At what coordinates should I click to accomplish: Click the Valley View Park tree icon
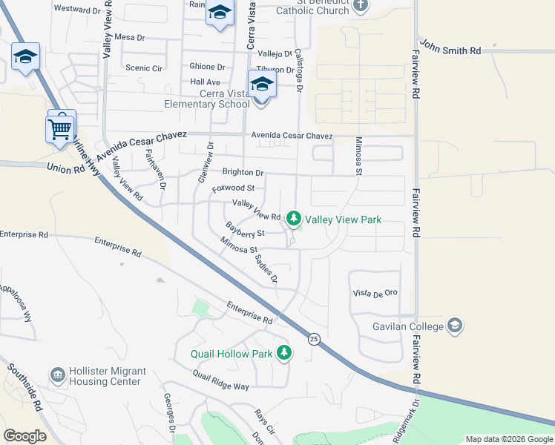(x=294, y=219)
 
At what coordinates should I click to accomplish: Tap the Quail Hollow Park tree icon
(x=283, y=353)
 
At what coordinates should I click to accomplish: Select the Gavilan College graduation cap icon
(x=455, y=326)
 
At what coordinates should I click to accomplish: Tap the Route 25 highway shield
(x=314, y=338)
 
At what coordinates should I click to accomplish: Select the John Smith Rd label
(x=450, y=47)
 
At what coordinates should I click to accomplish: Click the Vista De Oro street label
(x=375, y=293)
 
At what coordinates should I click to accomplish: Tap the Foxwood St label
(x=233, y=188)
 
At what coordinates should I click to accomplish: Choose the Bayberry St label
(x=245, y=232)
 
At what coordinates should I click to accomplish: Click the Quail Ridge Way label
(x=220, y=386)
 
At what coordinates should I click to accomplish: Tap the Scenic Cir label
(x=144, y=68)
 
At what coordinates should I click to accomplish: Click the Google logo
(x=24, y=435)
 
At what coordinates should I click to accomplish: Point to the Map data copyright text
(x=508, y=439)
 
